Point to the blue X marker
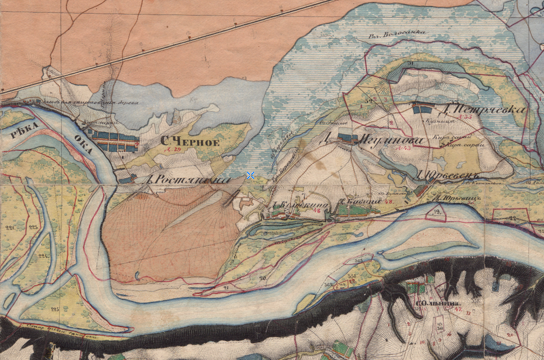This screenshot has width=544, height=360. (x=250, y=176)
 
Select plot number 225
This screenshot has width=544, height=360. (x=54, y=309)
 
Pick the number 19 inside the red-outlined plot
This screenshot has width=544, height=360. (x=436, y=212)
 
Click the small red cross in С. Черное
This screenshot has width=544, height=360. (x=137, y=144)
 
